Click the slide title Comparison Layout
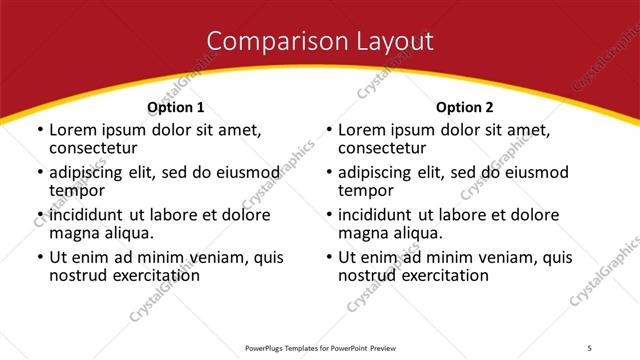point(320,41)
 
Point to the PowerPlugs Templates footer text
point(320,347)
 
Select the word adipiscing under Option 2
point(377,173)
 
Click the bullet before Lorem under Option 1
point(39,131)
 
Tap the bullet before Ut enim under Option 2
point(328,257)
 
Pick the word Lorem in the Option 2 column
point(361,131)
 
